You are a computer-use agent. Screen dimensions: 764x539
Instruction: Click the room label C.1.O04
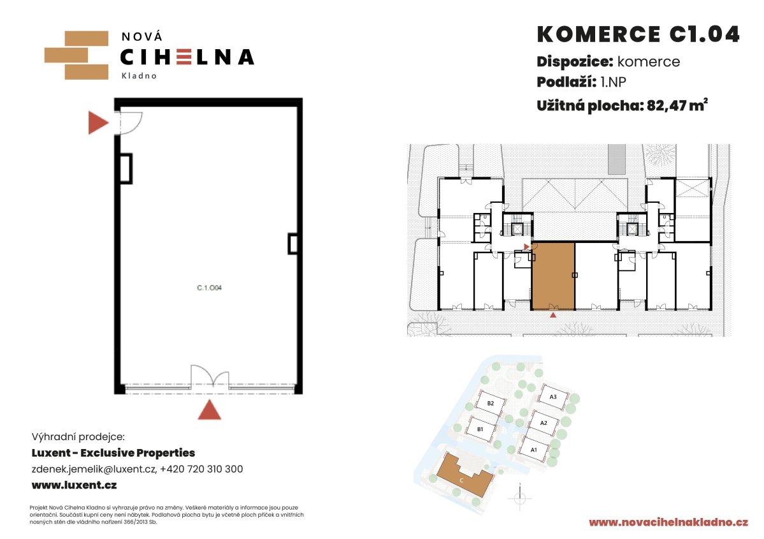tap(209, 288)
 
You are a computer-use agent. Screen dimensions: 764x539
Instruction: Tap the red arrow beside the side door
tap(98, 122)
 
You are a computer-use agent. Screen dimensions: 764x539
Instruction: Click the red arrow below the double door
tap(210, 410)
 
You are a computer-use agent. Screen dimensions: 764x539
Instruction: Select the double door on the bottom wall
tap(210, 378)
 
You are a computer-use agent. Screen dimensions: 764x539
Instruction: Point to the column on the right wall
tap(293, 244)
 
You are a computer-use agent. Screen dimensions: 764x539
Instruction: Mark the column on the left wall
tap(126, 169)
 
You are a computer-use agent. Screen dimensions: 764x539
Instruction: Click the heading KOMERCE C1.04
tap(638, 34)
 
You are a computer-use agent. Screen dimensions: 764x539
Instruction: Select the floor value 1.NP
tap(613, 82)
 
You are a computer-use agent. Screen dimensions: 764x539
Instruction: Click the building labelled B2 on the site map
tap(489, 403)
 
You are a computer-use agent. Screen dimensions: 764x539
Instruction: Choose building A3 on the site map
tap(553, 397)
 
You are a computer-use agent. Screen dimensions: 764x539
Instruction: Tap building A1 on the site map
tap(533, 449)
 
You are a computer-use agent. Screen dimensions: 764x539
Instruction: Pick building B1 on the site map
tap(480, 429)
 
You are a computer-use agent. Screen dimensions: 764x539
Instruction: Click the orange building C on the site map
tap(463, 476)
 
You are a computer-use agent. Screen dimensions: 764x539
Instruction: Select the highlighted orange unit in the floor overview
tap(552, 276)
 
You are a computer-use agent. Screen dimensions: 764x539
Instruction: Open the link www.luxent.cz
tap(74, 485)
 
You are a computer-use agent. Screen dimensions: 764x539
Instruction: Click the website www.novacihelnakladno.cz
tap(668, 522)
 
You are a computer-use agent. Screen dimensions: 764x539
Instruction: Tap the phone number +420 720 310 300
tap(201, 469)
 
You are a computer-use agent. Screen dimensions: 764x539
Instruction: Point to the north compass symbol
tap(519, 498)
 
